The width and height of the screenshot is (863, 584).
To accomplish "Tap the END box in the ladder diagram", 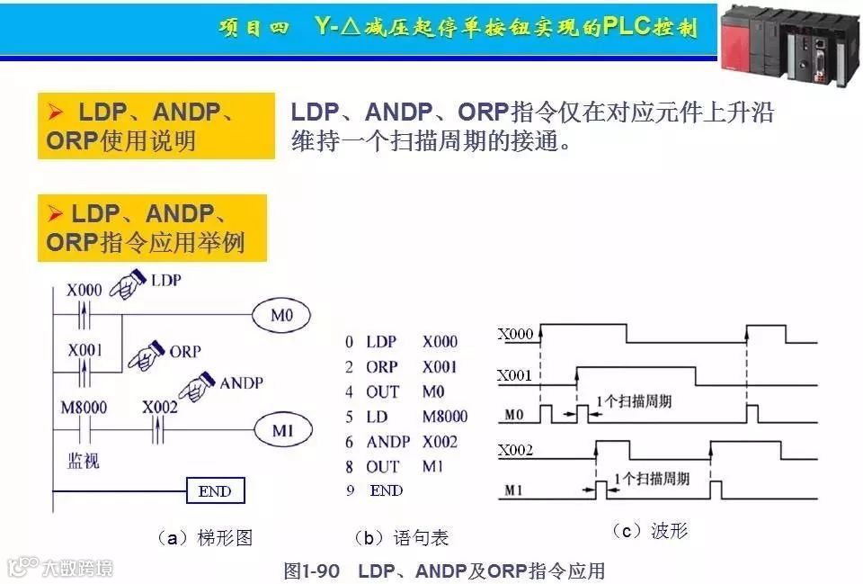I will pos(214,491).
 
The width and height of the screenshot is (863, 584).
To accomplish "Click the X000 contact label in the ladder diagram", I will pos(85,290).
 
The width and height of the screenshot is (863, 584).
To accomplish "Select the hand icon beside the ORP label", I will pos(147,355).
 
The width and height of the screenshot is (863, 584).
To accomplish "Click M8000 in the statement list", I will pos(445,416).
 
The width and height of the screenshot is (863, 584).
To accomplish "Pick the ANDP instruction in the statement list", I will pos(387,442).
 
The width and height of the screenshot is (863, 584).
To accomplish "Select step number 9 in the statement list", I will pos(350,491).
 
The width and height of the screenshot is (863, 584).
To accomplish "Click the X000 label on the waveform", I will pos(515,335).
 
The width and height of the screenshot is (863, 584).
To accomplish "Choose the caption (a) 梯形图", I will pos(205,538).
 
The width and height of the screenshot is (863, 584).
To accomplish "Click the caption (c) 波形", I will pos(650,531).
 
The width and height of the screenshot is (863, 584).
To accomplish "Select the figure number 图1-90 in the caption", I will pos(311,571).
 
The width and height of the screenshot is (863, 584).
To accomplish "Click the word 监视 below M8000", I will pos(84,460).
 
